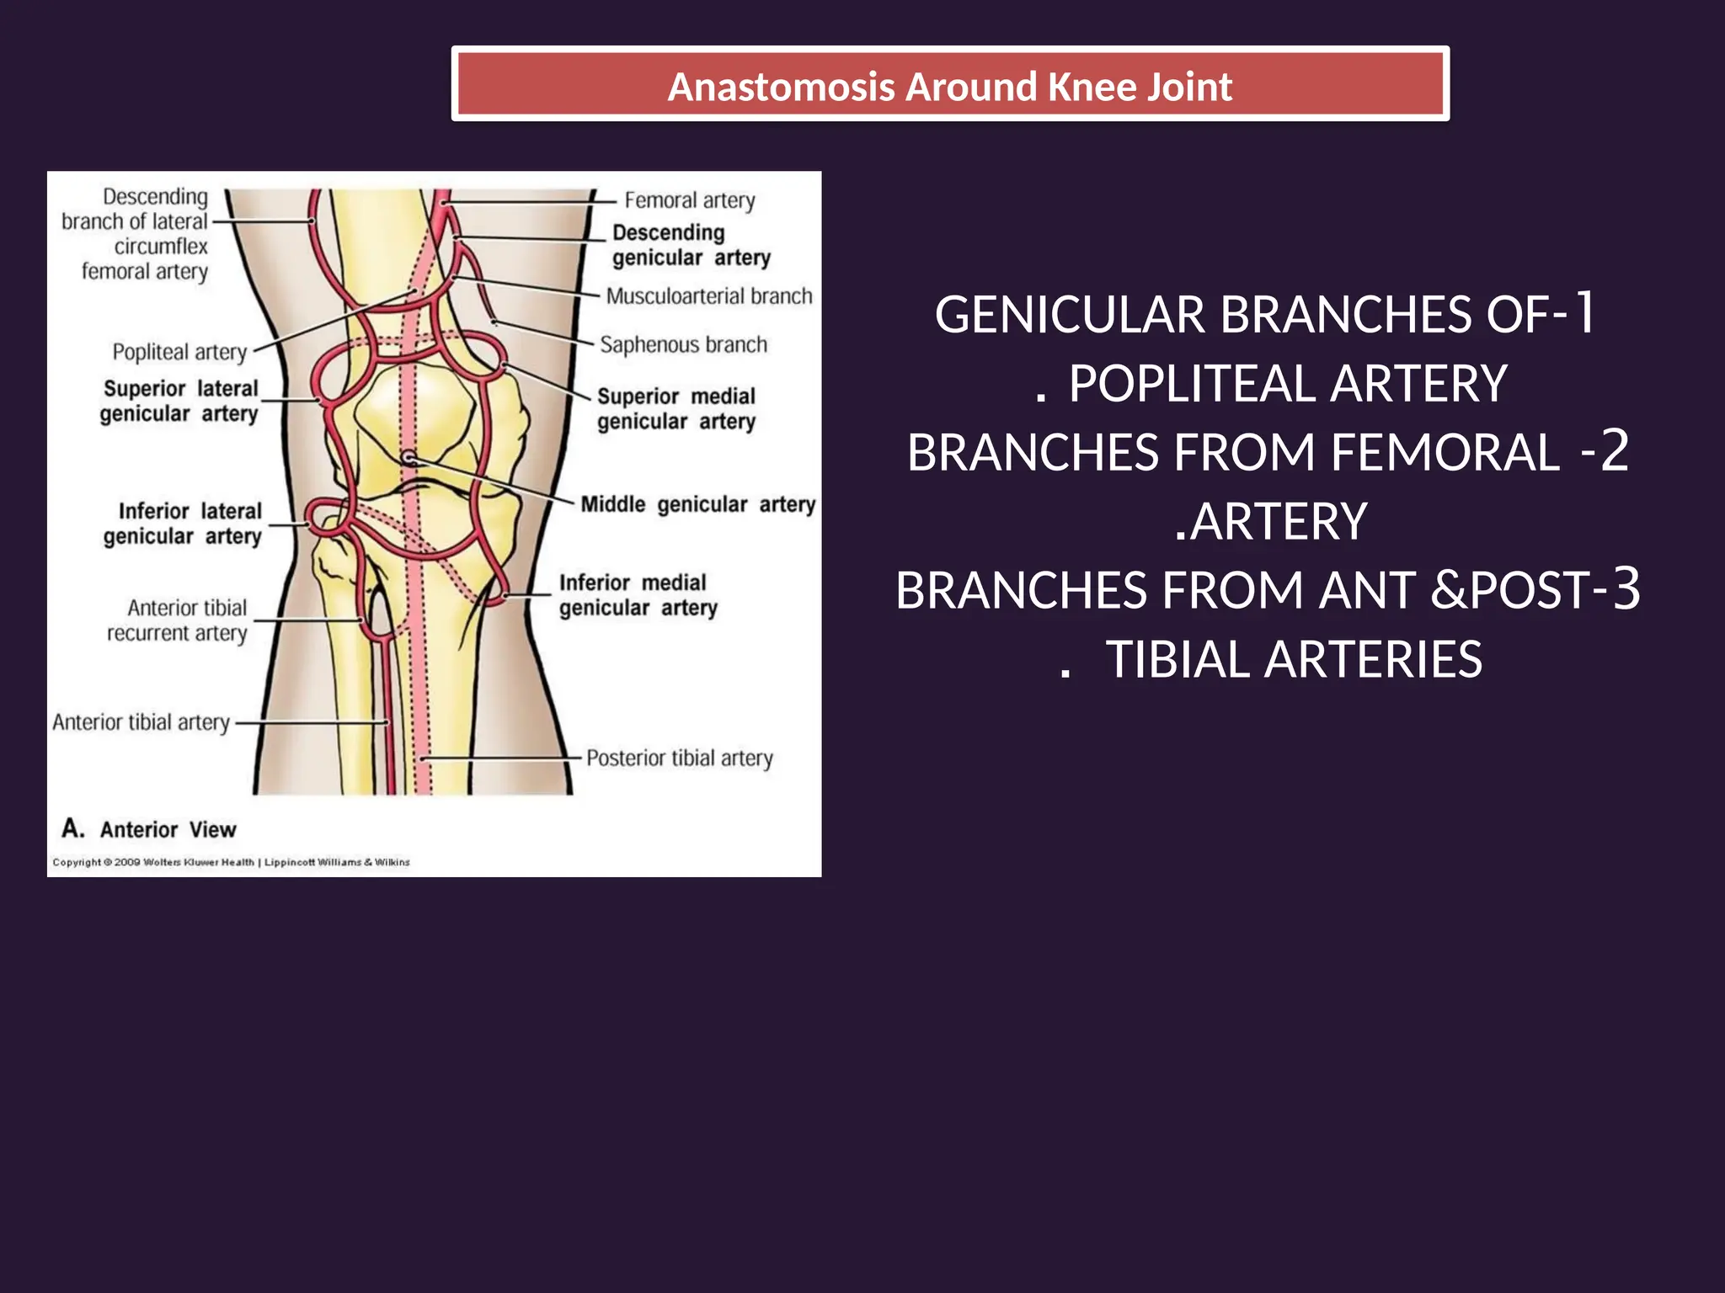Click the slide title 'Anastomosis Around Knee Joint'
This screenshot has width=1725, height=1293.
point(949,87)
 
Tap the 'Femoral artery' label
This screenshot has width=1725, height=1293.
point(689,200)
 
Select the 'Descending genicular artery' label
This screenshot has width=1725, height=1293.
point(691,245)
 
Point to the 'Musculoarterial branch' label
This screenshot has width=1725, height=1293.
point(708,296)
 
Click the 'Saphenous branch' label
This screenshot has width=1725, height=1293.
point(683,345)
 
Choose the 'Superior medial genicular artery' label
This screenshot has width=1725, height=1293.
point(676,409)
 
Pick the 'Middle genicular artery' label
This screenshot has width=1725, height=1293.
point(697,504)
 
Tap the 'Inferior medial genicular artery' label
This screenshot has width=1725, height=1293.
point(638,595)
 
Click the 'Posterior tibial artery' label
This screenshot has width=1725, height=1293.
point(679,758)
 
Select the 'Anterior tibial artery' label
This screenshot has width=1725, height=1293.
point(141,722)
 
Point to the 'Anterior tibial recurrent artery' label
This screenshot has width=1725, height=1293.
point(178,620)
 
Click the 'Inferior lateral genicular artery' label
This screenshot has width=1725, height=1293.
point(183,524)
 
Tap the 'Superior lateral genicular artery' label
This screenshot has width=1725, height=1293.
point(179,402)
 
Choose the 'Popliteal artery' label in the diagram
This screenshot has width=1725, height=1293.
point(179,352)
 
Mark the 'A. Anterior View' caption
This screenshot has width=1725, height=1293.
point(149,829)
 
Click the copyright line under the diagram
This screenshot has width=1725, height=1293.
point(231,862)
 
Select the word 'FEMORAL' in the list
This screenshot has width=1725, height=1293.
point(1445,453)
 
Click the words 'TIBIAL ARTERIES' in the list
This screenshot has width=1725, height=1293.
point(1293,659)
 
